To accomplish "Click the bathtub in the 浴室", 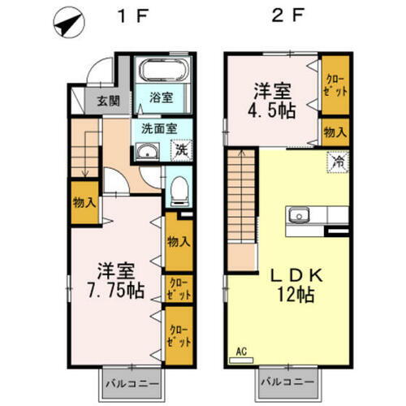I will [161, 70].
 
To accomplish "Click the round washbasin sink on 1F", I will [146, 154].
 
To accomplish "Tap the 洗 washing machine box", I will [182, 149].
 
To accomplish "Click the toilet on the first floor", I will [179, 192].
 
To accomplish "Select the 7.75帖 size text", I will [113, 291].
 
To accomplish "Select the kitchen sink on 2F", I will [297, 216].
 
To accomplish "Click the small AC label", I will [240, 352].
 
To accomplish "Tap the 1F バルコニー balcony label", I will [132, 381].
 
